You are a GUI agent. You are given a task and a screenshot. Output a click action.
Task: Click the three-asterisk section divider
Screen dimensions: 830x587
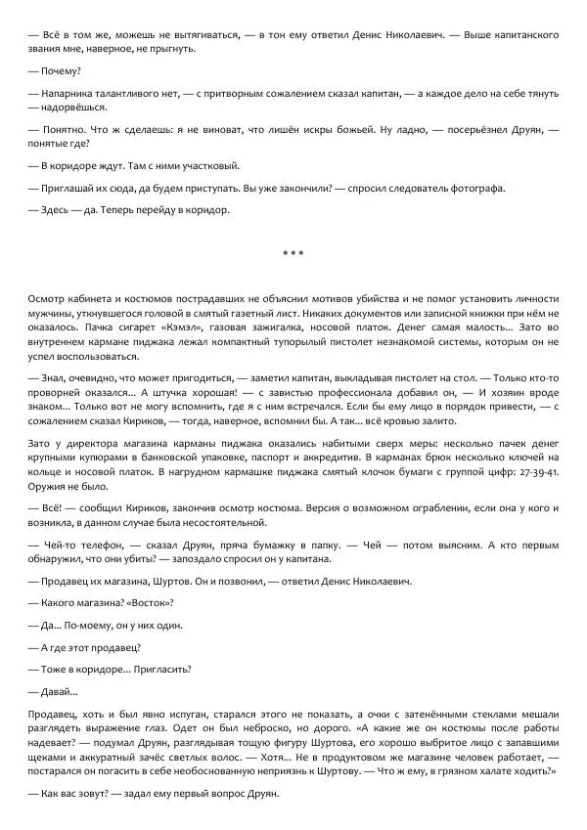tap(293, 254)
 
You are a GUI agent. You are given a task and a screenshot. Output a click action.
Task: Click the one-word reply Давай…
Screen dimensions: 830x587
tap(48, 691)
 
